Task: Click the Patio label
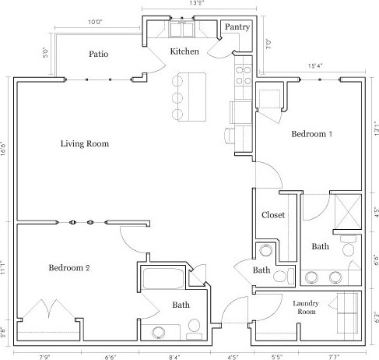[98, 55]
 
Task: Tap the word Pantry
[236, 27]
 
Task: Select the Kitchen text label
[185, 51]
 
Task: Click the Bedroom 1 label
[311, 134]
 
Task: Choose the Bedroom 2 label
[69, 268]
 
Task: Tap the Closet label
[273, 215]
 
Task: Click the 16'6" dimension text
[4, 148]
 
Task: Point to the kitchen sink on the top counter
[182, 30]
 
